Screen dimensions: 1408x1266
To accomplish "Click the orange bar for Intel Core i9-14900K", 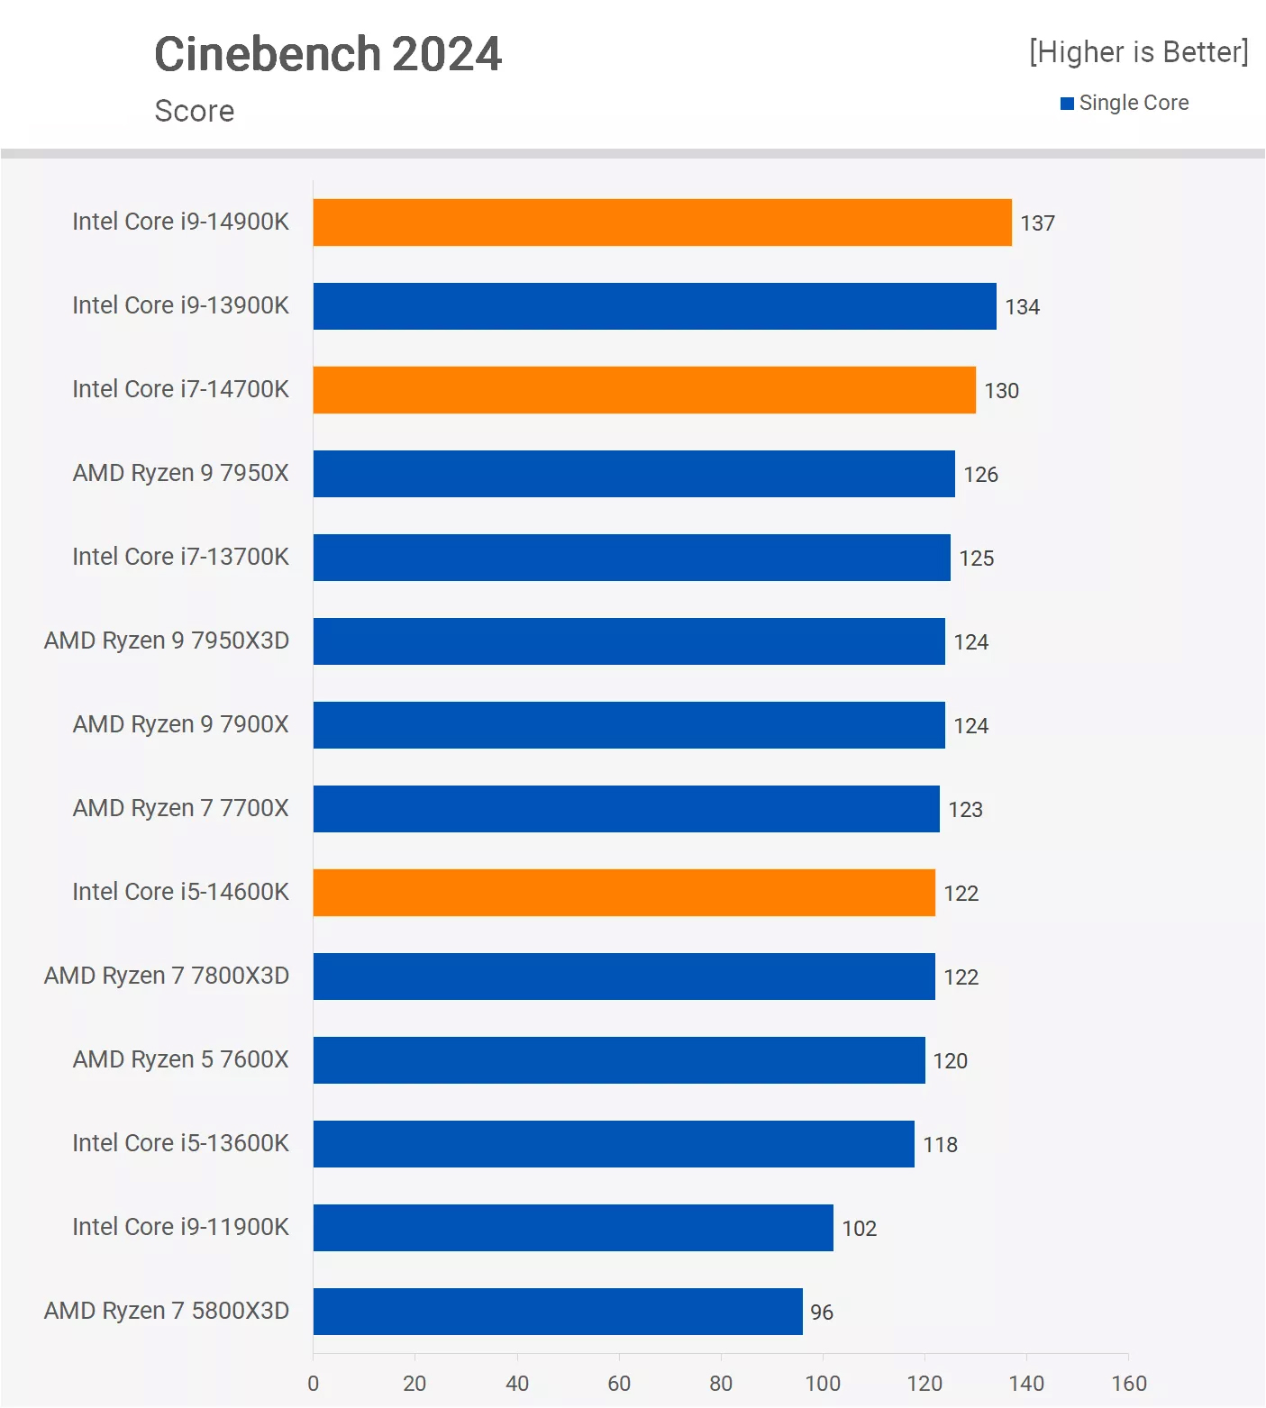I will (x=662, y=223).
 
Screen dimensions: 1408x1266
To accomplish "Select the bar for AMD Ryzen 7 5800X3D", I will (x=558, y=1312).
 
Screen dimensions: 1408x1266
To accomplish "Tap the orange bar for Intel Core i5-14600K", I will (x=624, y=893).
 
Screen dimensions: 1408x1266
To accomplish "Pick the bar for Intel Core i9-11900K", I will (x=573, y=1228).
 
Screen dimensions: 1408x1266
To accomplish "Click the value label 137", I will (x=1037, y=223).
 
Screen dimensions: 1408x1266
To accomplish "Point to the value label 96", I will (x=821, y=1313).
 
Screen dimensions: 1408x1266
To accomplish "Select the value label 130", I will (x=1001, y=391).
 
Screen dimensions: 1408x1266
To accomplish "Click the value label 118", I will (x=940, y=1145).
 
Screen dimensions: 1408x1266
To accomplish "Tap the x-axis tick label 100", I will (x=822, y=1384).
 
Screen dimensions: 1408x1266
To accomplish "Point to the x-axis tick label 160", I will (x=1128, y=1384).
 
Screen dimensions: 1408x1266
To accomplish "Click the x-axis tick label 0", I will (x=313, y=1384).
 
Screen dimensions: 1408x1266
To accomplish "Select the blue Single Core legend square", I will (x=1067, y=104).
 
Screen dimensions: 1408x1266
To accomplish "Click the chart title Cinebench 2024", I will (x=328, y=54).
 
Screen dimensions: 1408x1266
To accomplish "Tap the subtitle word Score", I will (x=195, y=112).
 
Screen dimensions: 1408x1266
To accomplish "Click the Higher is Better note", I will (x=1138, y=52).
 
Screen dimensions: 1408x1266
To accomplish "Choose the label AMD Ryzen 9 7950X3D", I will (x=167, y=640).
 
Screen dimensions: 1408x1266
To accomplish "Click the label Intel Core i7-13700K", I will (x=180, y=557).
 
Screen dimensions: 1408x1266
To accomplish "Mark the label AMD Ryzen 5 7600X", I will (x=180, y=1059).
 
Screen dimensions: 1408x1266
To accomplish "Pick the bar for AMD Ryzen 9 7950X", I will (x=633, y=474).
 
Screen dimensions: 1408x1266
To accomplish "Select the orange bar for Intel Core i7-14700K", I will (x=644, y=390).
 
